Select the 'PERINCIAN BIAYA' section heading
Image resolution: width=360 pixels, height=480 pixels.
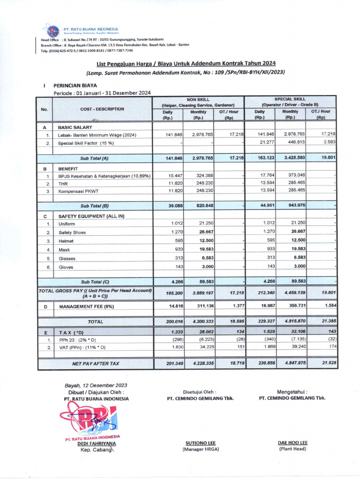pos(75,86)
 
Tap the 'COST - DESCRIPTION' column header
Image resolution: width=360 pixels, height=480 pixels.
pos(103,109)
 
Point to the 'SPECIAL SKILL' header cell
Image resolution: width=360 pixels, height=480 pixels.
pos(290,99)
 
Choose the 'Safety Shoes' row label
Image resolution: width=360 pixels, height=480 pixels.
pos(73,232)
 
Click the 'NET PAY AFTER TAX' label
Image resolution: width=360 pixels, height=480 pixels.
pos(96,363)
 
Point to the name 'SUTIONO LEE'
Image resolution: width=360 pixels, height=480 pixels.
pos(201,442)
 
